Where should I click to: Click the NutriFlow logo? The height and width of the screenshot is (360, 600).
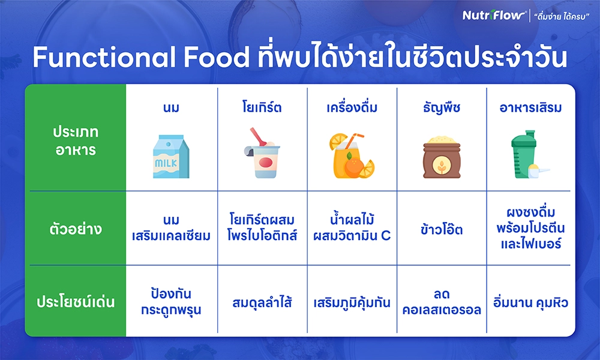point(494,16)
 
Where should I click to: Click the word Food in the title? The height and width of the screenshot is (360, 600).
point(216,58)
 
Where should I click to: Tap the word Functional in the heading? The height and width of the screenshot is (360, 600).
point(104,58)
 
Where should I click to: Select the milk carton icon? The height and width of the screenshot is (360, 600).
point(171,156)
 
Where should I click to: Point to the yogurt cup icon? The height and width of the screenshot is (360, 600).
point(262,153)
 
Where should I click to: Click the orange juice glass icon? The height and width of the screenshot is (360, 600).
point(352,156)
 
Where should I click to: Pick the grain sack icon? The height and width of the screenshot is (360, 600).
point(442,157)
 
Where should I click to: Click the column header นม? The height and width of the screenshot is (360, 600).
point(171,108)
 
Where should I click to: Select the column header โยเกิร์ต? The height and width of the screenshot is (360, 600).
point(262,107)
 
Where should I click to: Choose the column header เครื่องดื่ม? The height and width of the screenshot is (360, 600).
point(352,107)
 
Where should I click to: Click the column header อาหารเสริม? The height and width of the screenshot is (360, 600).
point(530,108)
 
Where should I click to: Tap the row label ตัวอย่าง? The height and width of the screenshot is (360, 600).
point(76,229)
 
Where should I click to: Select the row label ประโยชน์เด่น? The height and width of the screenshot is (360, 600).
point(76,302)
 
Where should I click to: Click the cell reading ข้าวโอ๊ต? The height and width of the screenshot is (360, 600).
point(442,229)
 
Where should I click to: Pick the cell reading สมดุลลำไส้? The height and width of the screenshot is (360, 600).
point(262,302)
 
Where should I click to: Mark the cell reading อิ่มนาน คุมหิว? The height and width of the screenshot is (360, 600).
point(530,302)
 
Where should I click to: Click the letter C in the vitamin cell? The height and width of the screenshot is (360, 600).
point(386,236)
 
